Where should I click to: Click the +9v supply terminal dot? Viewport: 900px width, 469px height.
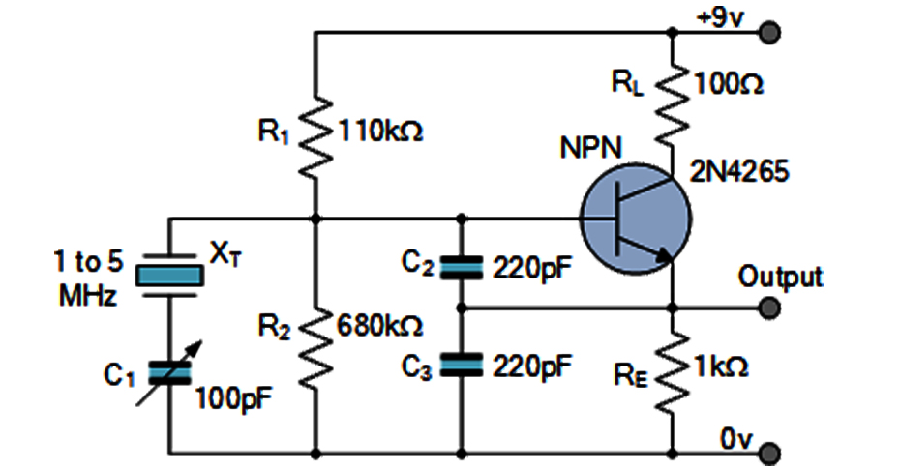(x=770, y=33)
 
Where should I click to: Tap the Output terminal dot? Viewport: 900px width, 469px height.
(x=770, y=308)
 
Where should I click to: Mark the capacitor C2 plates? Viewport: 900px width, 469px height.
(x=461, y=267)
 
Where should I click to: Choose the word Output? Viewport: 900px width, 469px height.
(x=780, y=277)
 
